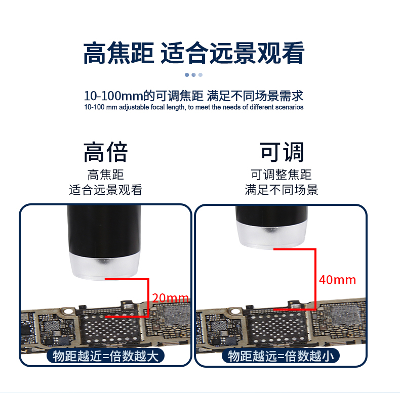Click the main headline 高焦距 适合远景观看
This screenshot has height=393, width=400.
(194, 53)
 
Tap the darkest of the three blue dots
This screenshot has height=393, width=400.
(187, 75)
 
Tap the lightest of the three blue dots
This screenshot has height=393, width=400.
(201, 75)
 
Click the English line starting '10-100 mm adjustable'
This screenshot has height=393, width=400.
(194, 107)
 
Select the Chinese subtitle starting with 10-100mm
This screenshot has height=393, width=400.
(194, 96)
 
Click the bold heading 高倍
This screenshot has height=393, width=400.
(106, 152)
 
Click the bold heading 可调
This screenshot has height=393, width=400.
(282, 152)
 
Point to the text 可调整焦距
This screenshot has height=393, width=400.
(282, 174)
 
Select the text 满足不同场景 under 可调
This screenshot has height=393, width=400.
(282, 190)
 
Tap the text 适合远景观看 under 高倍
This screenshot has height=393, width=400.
(106, 190)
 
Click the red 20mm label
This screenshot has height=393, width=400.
(171, 298)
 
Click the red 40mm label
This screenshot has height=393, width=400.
(338, 280)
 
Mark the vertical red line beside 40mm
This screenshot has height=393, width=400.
(315, 279)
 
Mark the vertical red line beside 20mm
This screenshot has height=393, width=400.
(148, 298)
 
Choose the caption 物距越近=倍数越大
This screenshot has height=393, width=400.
(106, 356)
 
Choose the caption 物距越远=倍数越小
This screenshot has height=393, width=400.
(281, 356)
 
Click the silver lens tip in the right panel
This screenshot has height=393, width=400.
(272, 234)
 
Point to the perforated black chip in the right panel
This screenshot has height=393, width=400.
(277, 329)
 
